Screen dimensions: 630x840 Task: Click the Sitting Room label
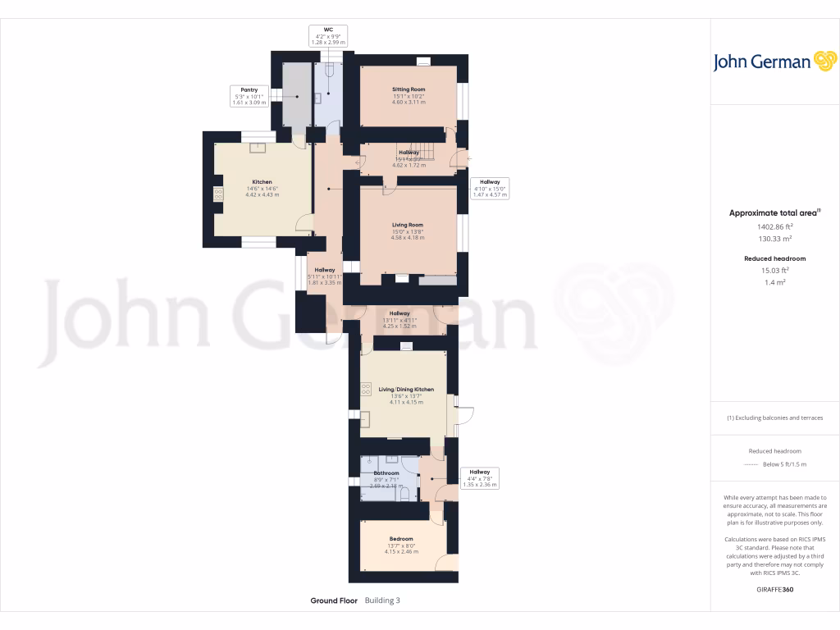pyautogui.click(x=409, y=89)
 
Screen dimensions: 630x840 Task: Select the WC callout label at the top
pyautogui.click(x=327, y=29)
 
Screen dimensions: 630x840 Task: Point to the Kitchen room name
pyautogui.click(x=262, y=182)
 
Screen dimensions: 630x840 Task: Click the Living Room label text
pyautogui.click(x=408, y=225)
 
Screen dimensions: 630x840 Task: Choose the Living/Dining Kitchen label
pyautogui.click(x=406, y=389)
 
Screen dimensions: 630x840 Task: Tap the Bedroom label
pyautogui.click(x=401, y=539)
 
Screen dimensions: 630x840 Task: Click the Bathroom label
pyautogui.click(x=386, y=473)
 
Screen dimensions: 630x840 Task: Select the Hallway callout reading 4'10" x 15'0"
pyautogui.click(x=490, y=181)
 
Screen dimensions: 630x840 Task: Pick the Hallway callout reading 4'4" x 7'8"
pyautogui.click(x=480, y=472)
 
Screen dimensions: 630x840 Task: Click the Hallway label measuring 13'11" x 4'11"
pyautogui.click(x=399, y=313)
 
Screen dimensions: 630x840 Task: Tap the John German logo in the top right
pyautogui.click(x=774, y=62)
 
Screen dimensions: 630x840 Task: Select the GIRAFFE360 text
pyautogui.click(x=774, y=589)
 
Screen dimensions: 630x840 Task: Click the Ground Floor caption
pyautogui.click(x=334, y=600)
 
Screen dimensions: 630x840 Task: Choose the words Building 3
pyautogui.click(x=382, y=600)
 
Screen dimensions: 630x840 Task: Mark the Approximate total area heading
pyautogui.click(x=774, y=212)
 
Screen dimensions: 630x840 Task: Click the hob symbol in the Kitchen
pyautogui.click(x=219, y=194)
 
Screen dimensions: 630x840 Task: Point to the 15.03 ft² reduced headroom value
pyautogui.click(x=774, y=269)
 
